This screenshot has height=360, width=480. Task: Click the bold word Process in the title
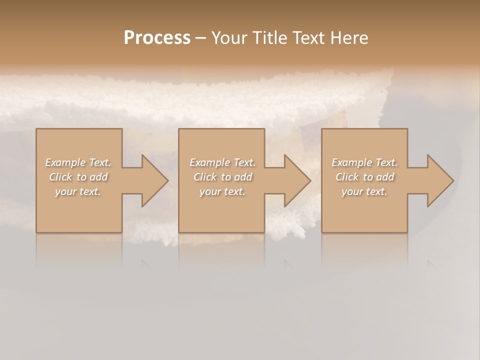pyautogui.click(x=157, y=38)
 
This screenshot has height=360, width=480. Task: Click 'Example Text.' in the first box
pyautogui.click(x=78, y=162)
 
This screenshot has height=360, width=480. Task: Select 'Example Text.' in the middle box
pyautogui.click(x=222, y=162)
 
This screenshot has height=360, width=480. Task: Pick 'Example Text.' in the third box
pyautogui.click(x=364, y=162)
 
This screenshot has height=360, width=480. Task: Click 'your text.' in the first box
pyautogui.click(x=78, y=191)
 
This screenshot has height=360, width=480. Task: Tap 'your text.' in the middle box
pyautogui.click(x=222, y=191)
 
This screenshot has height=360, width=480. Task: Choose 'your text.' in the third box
pyautogui.click(x=364, y=191)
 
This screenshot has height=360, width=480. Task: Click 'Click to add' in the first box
pyautogui.click(x=78, y=177)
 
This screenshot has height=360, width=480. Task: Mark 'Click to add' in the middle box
pyautogui.click(x=222, y=177)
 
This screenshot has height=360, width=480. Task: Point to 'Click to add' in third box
pyautogui.click(x=364, y=177)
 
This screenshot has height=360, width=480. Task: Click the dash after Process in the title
pyautogui.click(x=200, y=38)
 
